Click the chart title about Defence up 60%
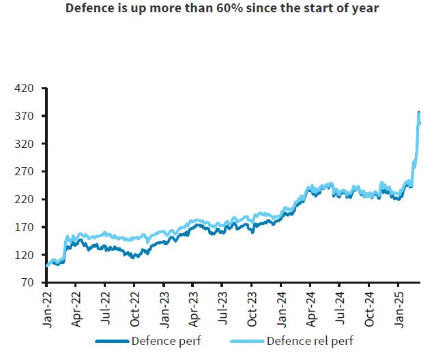pos(217,10)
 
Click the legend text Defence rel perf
pos(311,340)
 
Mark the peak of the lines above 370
pos(419,112)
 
